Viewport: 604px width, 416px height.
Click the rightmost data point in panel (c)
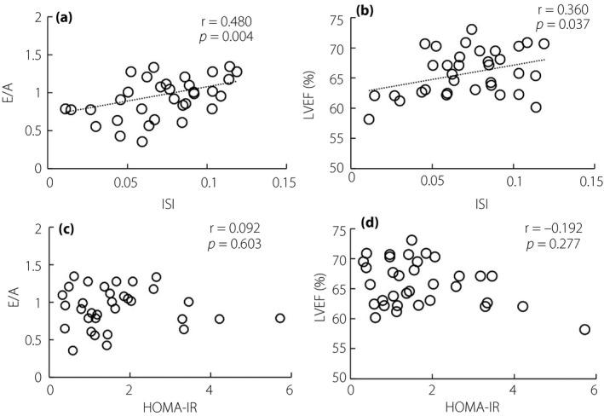[279, 318]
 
